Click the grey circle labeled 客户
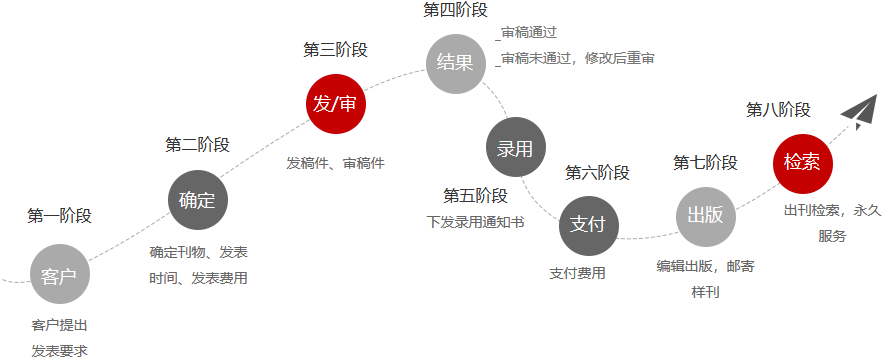(60, 274)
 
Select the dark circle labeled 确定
(198, 200)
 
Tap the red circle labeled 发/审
(336, 104)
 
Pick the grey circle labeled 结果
(456, 64)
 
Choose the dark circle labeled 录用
(516, 147)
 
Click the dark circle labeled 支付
(589, 225)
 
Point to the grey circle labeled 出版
(706, 216)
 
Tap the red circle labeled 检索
(802, 163)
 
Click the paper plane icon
(860, 111)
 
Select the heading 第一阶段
(59, 216)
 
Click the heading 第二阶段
(197, 145)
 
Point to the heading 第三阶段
(335, 50)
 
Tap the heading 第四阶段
(456, 10)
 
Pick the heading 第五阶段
(475, 196)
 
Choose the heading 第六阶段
(597, 172)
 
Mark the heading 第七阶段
(705, 163)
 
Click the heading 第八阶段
(779, 110)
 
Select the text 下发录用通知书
(475, 223)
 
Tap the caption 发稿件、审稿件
(335, 163)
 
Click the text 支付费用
(577, 273)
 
